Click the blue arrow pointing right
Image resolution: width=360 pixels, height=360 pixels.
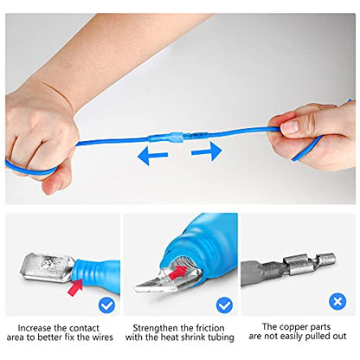[x=207, y=152]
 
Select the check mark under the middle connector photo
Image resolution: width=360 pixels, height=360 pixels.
[x=224, y=305]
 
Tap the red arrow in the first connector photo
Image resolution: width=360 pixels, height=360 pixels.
[x=79, y=286]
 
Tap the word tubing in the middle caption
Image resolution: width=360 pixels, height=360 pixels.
[x=222, y=340]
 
